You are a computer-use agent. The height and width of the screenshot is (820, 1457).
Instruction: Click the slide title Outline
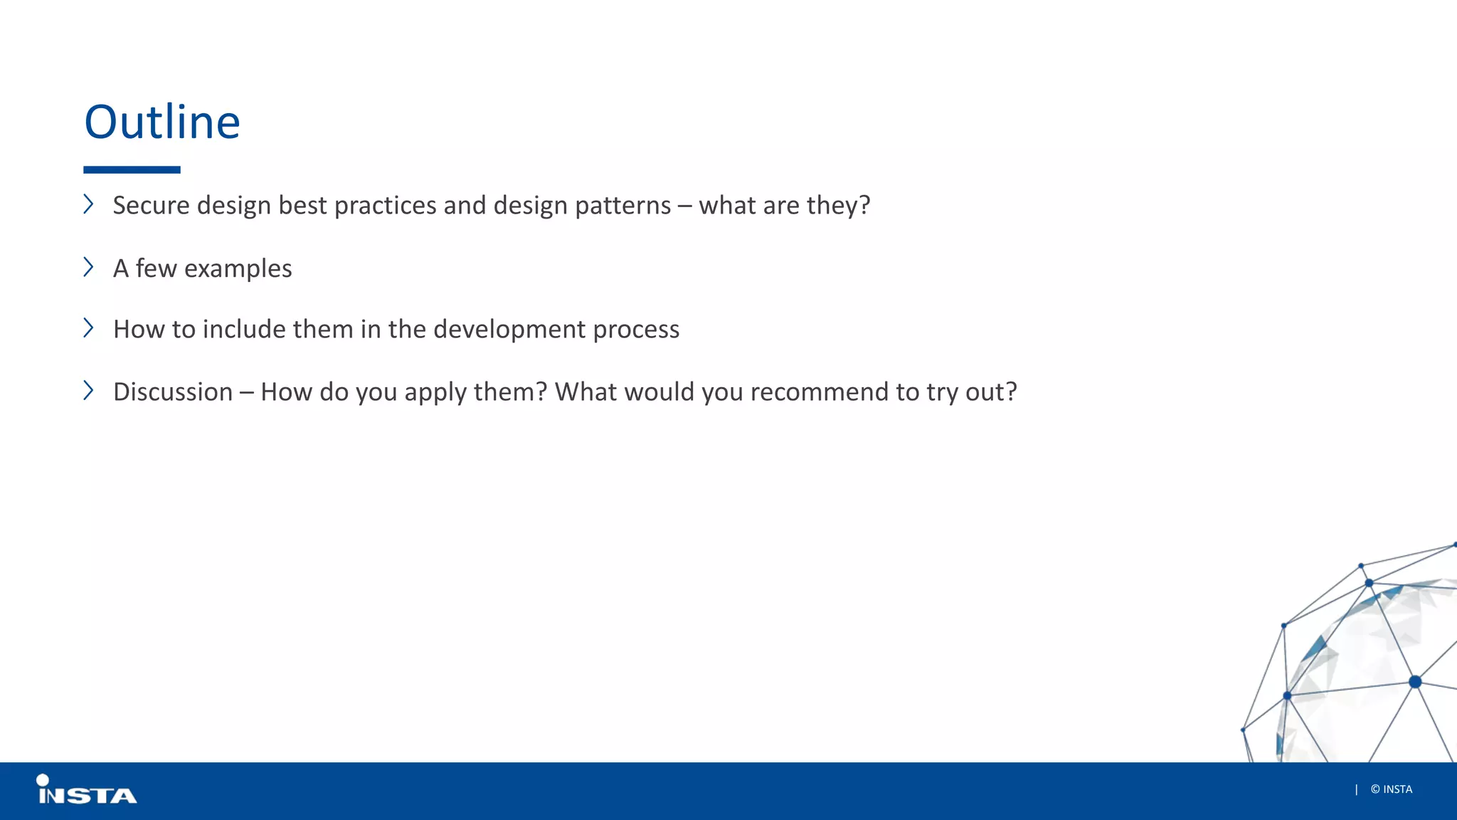pos(162,122)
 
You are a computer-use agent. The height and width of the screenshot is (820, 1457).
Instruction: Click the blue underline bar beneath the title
pos(132,170)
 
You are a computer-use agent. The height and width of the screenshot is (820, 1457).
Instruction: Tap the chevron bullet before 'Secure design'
pos(88,204)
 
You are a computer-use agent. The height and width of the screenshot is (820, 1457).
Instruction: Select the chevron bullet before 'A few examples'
pos(88,267)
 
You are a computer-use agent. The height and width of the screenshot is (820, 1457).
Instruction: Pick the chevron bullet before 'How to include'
pos(88,327)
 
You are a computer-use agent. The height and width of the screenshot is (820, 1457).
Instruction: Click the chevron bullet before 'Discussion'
pos(88,390)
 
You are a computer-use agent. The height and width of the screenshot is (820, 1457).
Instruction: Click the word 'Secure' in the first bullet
pos(151,206)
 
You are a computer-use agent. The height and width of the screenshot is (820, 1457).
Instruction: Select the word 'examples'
pos(238,269)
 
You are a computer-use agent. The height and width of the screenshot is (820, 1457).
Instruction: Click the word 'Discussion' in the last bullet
pos(173,392)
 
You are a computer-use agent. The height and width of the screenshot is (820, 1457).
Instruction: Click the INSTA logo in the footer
pos(87,792)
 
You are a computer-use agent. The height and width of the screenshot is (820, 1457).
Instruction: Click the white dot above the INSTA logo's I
pos(43,780)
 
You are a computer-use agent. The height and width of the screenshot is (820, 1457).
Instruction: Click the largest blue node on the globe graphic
pos(1415,682)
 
